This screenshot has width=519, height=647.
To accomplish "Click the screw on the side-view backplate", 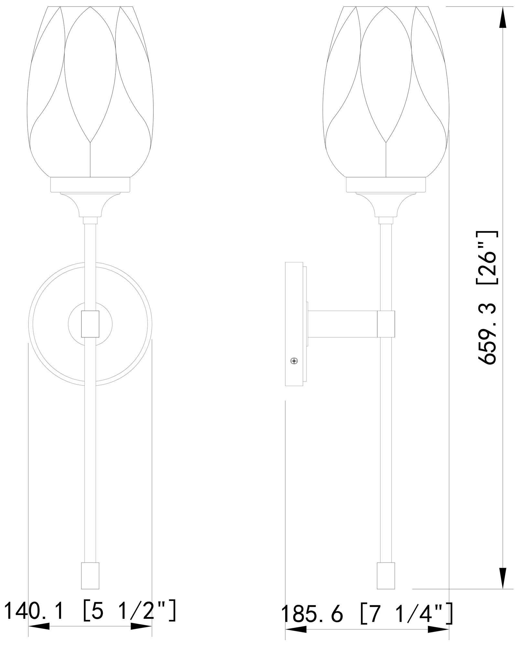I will (294, 361).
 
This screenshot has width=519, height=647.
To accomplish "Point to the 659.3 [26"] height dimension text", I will (487, 298).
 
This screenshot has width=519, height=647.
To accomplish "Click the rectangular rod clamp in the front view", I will (90, 323).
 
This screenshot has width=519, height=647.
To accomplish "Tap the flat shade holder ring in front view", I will (90, 185).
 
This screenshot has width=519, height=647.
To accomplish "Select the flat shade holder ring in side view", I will (386, 185).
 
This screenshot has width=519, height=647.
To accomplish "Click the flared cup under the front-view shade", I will (90, 204).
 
